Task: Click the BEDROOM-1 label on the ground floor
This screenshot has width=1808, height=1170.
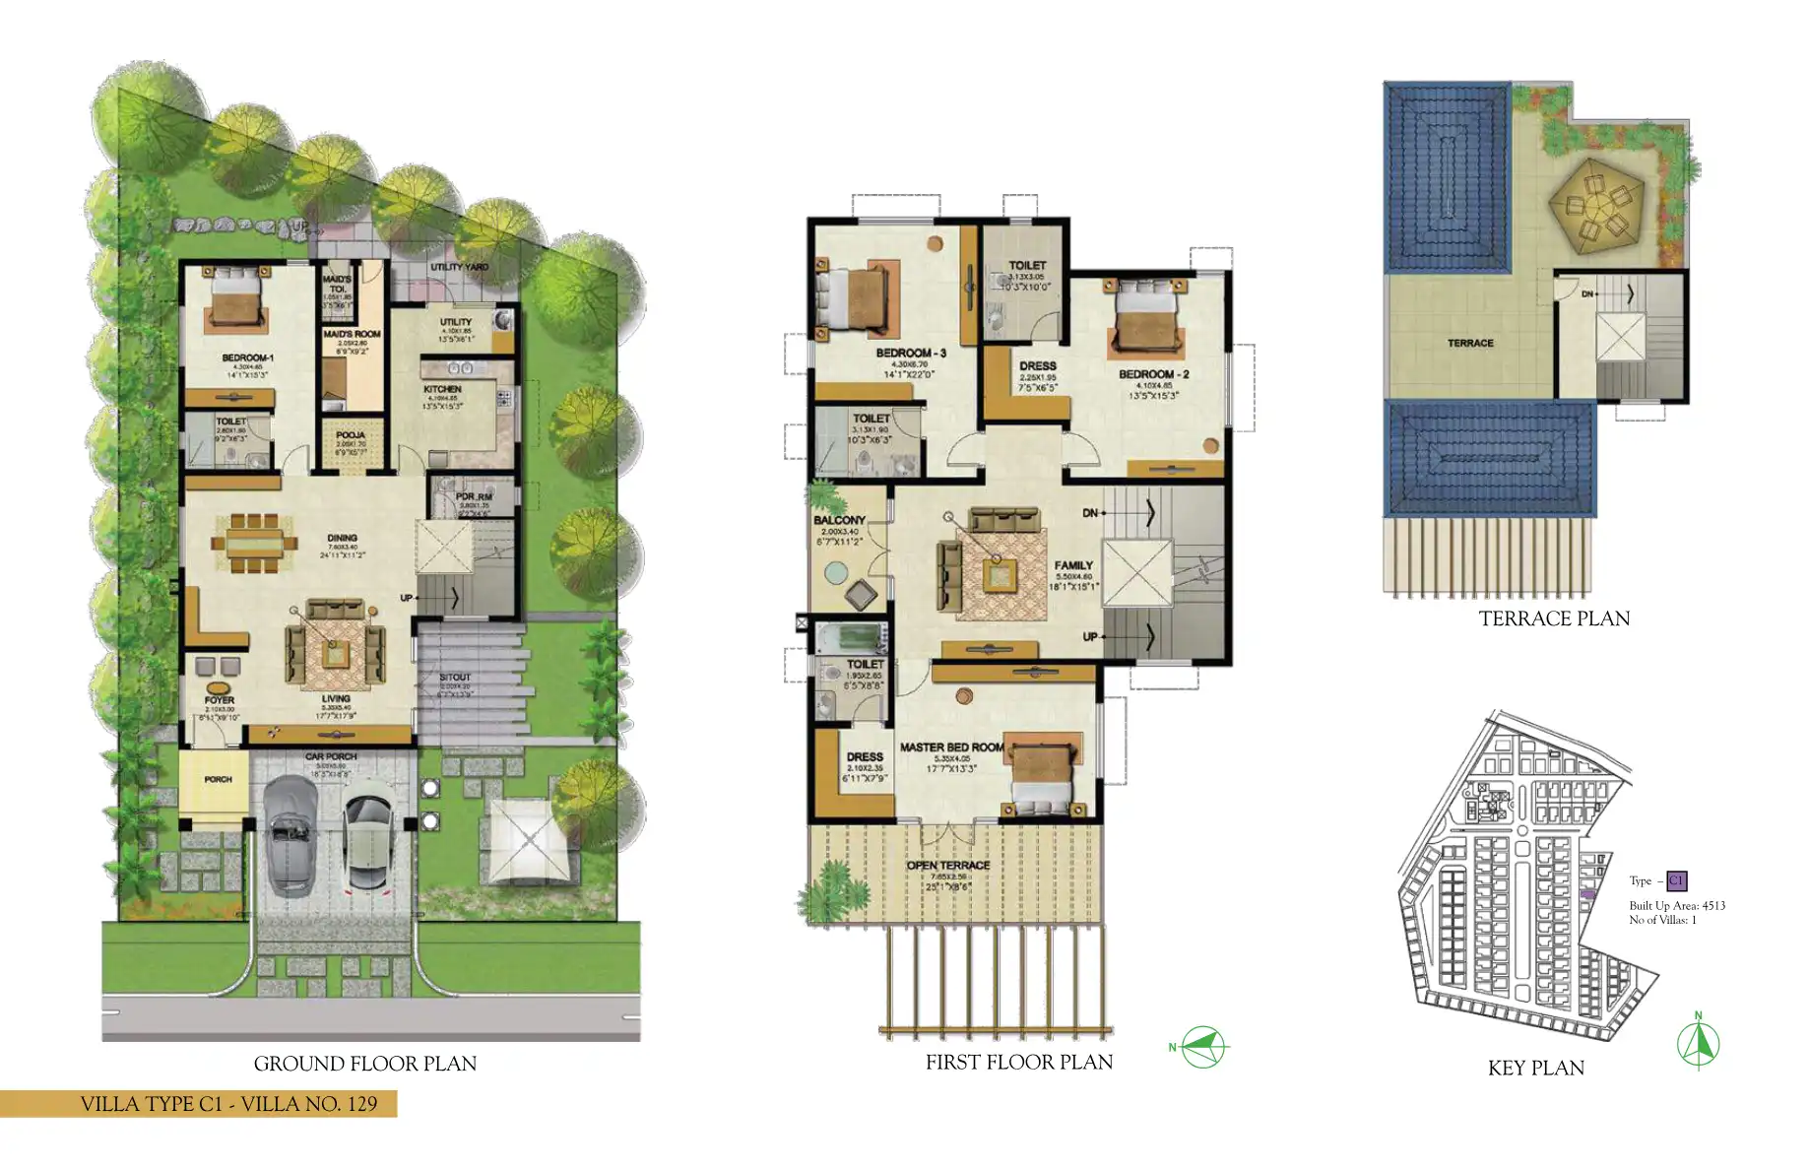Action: [x=247, y=357]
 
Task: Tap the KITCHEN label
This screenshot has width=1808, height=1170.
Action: [x=442, y=389]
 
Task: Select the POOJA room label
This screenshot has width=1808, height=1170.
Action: [x=350, y=434]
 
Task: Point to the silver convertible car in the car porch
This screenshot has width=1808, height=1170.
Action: [x=289, y=833]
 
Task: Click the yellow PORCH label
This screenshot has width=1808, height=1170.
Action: [x=218, y=779]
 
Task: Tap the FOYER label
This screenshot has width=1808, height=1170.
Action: [x=220, y=700]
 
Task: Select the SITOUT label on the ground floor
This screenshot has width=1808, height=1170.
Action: [x=455, y=678]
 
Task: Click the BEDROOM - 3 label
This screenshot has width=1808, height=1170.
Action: [x=910, y=353]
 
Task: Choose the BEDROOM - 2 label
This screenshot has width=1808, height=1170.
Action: [x=1153, y=374]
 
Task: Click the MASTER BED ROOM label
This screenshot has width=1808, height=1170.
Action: [x=951, y=747]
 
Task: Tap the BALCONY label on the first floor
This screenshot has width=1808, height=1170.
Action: [x=839, y=520]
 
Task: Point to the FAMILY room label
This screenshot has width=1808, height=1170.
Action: [x=1073, y=565]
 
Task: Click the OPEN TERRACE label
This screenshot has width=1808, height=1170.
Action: [x=947, y=866]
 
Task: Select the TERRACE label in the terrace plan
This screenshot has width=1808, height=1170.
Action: [x=1470, y=343]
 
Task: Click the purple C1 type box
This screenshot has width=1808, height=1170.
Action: [x=1676, y=880]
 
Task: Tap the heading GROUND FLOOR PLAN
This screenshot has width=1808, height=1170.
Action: [x=364, y=1064]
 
